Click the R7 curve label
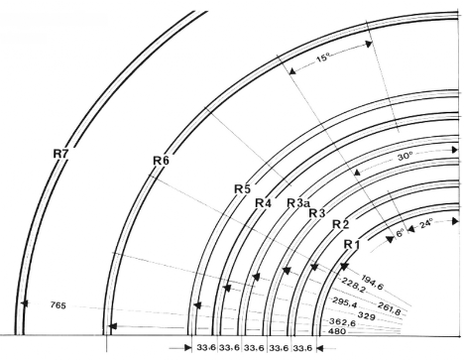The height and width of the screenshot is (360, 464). (60, 154)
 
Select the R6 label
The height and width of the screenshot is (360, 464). (161, 161)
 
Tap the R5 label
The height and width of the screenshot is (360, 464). (243, 189)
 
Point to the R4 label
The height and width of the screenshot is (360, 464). (263, 203)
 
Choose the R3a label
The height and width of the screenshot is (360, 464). (297, 203)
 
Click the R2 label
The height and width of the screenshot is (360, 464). (340, 224)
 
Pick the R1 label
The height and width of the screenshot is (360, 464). (352, 245)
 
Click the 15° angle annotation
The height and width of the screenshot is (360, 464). (323, 59)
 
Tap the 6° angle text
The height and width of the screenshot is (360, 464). (400, 233)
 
